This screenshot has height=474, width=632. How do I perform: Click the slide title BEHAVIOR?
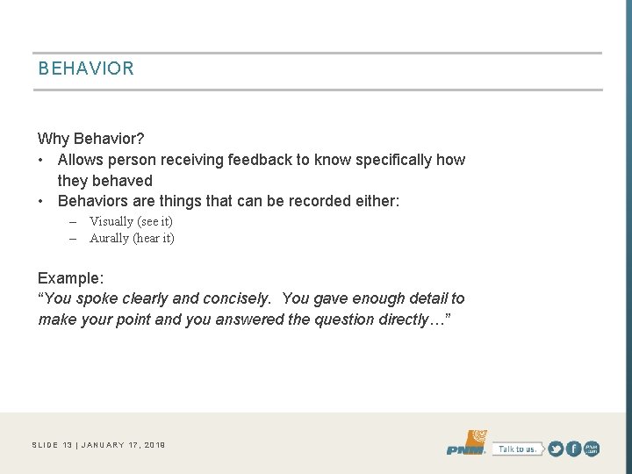[x=86, y=68]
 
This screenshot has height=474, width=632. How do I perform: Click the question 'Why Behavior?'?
[x=91, y=139]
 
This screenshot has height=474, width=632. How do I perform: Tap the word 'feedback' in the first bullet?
[x=259, y=160]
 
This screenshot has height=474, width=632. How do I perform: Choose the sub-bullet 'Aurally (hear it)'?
[x=132, y=238]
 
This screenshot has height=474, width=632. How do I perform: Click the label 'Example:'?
[x=71, y=278]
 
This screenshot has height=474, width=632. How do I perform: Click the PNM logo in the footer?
[x=467, y=443]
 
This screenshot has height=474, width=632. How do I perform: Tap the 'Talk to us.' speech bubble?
[x=516, y=449]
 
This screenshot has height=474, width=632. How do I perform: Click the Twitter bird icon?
[x=556, y=449]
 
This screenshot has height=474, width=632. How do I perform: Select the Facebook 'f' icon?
[x=574, y=449]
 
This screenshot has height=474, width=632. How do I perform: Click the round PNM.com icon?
[x=592, y=449]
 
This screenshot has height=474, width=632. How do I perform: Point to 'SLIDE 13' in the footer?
[x=52, y=445]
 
